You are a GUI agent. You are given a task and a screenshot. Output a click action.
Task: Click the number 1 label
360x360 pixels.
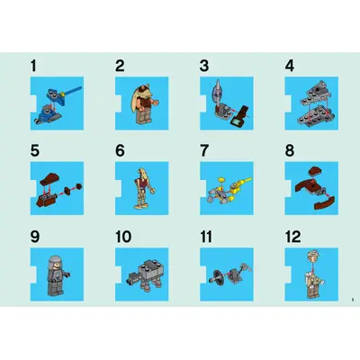click(34, 66)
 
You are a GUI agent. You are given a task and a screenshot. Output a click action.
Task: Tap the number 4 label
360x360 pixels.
click(289, 66)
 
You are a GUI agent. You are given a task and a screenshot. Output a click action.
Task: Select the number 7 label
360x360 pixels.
click(204, 150)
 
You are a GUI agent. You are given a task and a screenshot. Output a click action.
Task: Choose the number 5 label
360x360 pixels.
click(34, 150)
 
